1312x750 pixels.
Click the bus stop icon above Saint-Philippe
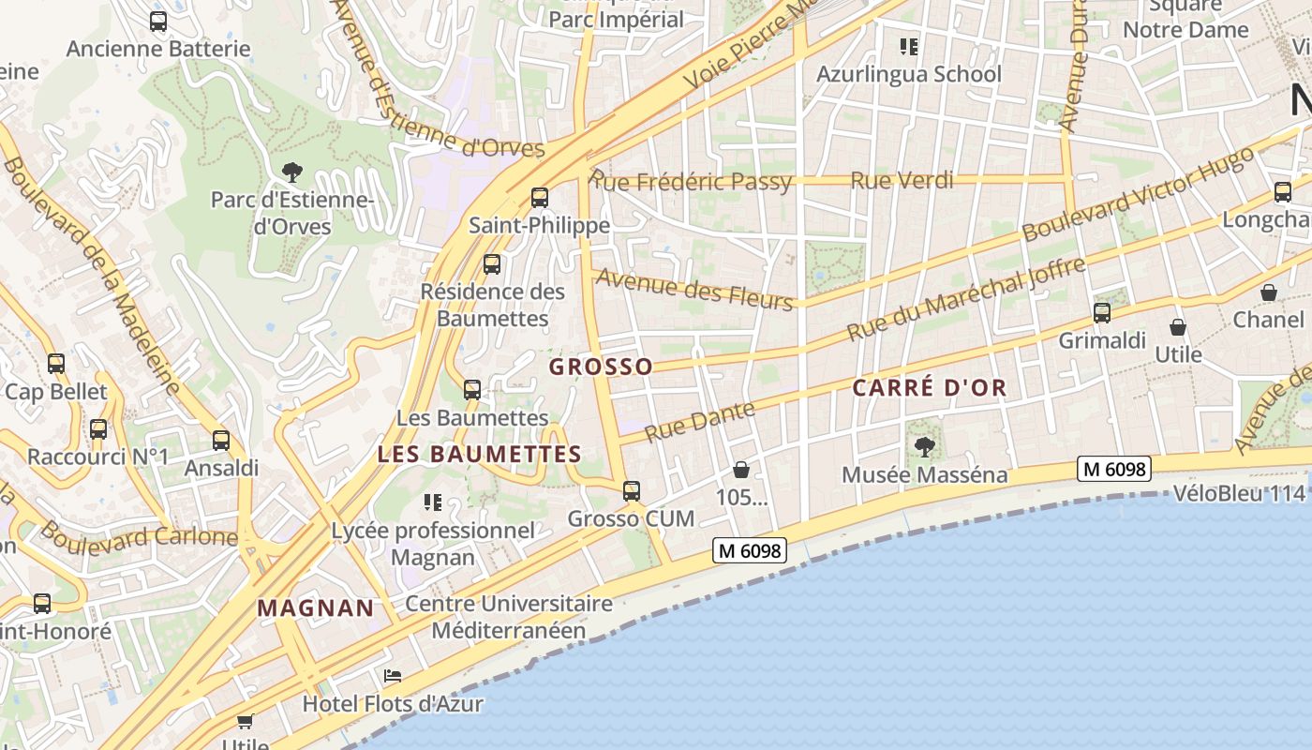[x=539, y=198]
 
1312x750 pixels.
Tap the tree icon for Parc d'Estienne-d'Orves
[x=291, y=172]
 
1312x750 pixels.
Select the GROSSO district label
[x=601, y=367]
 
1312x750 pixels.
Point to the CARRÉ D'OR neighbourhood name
[x=930, y=387]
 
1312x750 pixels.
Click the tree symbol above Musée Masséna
[x=925, y=446]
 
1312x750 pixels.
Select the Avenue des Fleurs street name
[x=694, y=289]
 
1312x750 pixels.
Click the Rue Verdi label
[x=902, y=180]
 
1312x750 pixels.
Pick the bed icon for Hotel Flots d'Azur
[x=393, y=676]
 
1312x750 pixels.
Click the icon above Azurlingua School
[x=908, y=46]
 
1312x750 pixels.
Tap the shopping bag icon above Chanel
[x=1268, y=292]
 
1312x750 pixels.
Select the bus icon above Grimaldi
[x=1102, y=313]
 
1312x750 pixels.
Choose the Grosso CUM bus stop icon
[x=632, y=490]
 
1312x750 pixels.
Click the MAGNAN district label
[x=316, y=607]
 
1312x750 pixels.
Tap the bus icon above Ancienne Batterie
[x=158, y=22]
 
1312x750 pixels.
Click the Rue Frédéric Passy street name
[x=693, y=181]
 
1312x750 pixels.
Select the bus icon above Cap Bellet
[x=56, y=364]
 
